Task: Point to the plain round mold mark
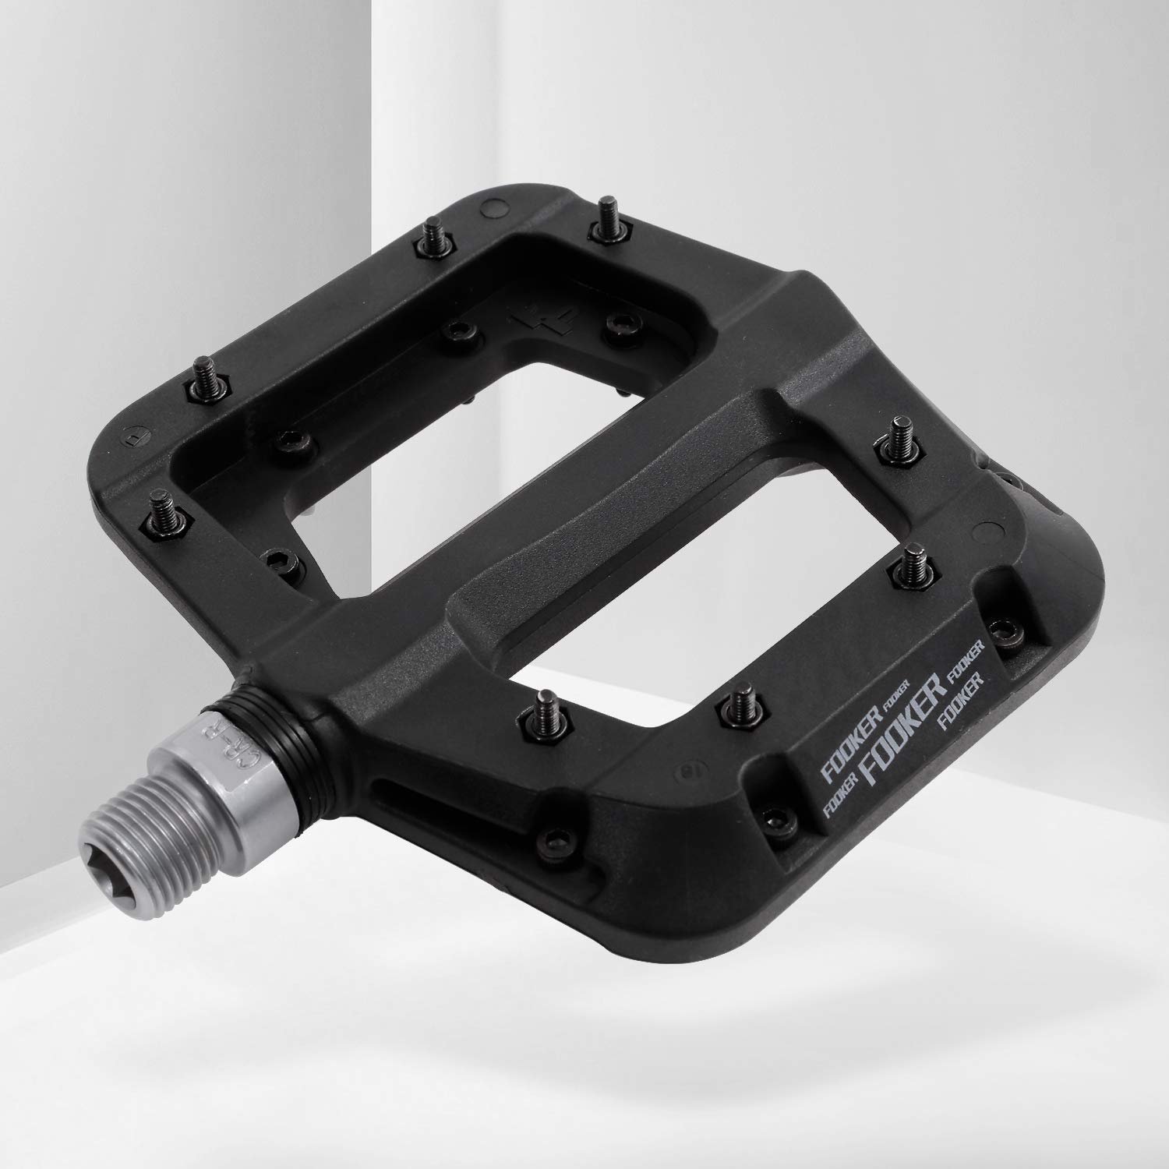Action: point(492,207)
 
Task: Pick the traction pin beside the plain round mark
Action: point(429,232)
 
